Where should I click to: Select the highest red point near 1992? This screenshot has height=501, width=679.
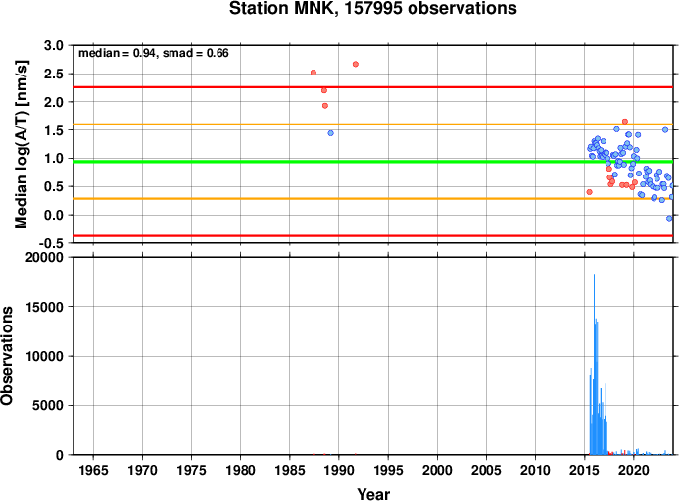tap(356, 64)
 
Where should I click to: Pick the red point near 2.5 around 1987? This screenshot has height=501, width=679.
tap(314, 73)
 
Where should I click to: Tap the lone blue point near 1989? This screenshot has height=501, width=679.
tap(331, 133)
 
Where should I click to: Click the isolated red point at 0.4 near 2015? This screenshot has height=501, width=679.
tap(590, 192)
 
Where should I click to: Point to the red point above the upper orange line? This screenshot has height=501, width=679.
tap(625, 122)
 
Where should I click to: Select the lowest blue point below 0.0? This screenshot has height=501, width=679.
tap(669, 218)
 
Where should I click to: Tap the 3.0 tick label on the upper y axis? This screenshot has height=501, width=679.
tap(54, 45)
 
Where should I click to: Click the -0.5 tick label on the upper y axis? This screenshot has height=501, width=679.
tap(51, 243)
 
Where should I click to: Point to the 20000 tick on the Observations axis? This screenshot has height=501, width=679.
tap(44, 258)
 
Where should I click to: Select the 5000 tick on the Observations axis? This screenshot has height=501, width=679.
tap(48, 406)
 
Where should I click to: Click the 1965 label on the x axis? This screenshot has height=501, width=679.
tap(93, 470)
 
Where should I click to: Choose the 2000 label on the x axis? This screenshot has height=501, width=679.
tap(437, 470)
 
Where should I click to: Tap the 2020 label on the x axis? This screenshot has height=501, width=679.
tap(634, 470)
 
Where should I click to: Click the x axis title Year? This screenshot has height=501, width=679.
tap(373, 494)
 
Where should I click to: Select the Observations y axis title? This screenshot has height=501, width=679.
tap(7, 356)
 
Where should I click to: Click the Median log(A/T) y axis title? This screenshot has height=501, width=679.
tap(22, 144)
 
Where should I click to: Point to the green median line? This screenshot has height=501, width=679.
tap(373, 162)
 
